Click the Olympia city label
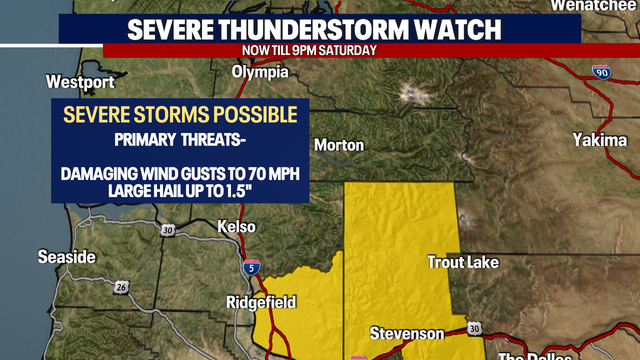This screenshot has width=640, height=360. pos(260,72)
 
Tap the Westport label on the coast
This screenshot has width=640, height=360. pos(77,81)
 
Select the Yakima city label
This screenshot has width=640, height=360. pos(599,140)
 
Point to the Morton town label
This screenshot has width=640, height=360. pos(338,145)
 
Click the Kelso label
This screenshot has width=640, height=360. pos(238,228)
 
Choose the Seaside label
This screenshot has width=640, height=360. pos(67,257)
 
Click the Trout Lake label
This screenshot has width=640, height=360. pos(463,262)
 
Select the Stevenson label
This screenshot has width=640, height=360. pos(405,332)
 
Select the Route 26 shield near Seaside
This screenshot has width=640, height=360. pos(122,287)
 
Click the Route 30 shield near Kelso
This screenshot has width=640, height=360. pos(168,231)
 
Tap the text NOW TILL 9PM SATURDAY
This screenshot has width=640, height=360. pos(309,50)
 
